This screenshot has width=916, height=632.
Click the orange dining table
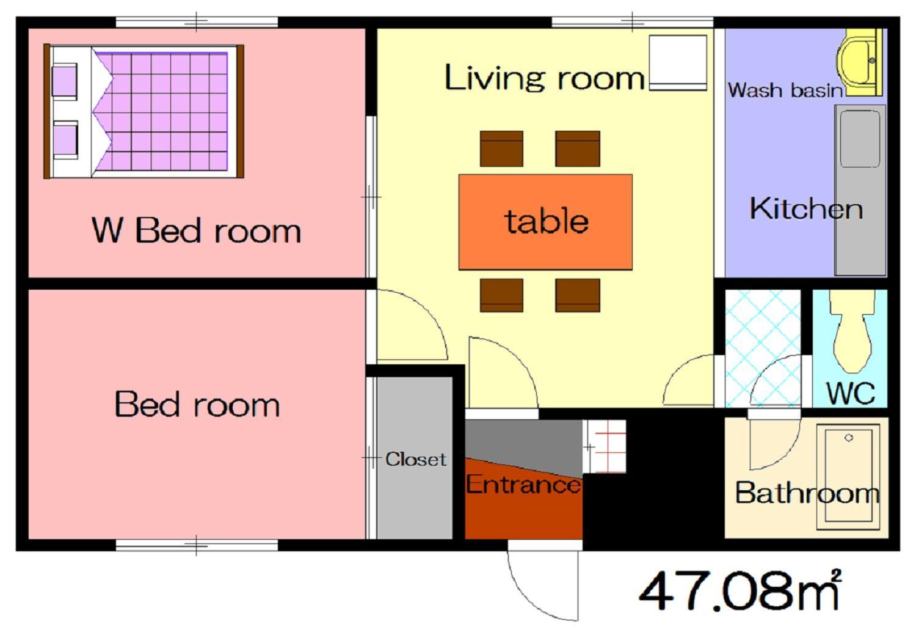(x=545, y=222)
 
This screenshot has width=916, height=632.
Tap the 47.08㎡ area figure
(x=740, y=590)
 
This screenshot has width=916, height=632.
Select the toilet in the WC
(x=852, y=331)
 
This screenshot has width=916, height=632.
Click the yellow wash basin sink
(x=859, y=62)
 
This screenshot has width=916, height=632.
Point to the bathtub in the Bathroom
(x=848, y=477)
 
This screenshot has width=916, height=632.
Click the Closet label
(x=415, y=459)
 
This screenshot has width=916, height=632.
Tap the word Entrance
(x=523, y=484)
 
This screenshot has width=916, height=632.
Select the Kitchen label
(x=807, y=209)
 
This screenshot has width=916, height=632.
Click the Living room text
(x=544, y=78)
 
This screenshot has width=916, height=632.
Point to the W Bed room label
(x=196, y=230)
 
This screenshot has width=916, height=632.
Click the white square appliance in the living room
(x=678, y=62)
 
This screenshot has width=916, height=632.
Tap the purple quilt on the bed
(x=161, y=111)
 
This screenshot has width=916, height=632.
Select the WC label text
(x=851, y=394)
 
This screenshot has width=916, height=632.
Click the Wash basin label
(x=785, y=90)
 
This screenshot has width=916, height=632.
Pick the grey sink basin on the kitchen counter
(x=860, y=139)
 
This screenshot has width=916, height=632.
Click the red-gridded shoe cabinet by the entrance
(x=605, y=447)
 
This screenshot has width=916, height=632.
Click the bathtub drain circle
(x=849, y=438)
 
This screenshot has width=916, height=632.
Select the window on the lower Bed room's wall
(x=197, y=545)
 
